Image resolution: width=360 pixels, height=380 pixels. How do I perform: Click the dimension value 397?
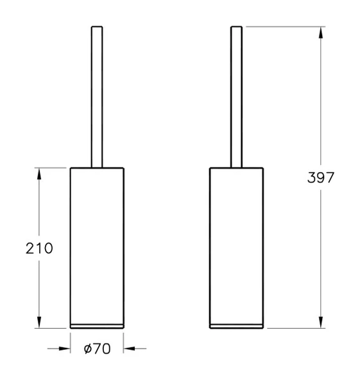320,178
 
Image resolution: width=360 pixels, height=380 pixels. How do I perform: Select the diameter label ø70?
97,349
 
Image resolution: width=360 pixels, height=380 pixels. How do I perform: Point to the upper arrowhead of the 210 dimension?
40,173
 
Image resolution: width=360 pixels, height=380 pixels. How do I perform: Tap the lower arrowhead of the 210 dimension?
40,322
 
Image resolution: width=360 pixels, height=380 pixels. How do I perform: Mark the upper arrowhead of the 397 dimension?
320,32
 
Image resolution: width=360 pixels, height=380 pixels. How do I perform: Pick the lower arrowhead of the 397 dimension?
320,322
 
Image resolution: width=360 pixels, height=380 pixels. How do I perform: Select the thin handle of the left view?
97,96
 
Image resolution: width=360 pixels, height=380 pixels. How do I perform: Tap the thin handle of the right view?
237,96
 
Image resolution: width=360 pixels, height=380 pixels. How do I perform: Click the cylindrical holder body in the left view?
97,244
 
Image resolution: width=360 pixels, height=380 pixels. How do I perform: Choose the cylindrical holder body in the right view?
237,244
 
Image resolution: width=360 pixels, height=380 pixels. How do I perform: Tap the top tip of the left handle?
97,27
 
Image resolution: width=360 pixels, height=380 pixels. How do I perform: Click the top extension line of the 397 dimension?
282,26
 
